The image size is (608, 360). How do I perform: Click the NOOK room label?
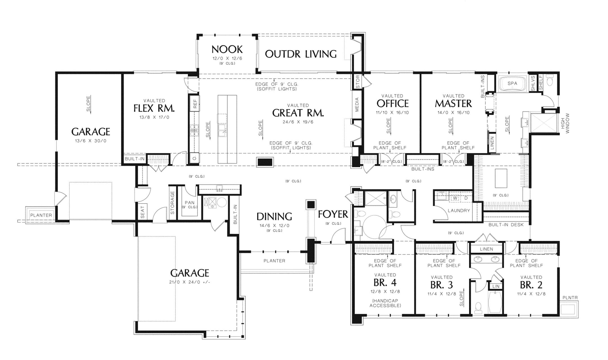point(227,49)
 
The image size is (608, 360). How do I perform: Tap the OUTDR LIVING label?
point(301,54)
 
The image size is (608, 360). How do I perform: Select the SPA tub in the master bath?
point(512,83)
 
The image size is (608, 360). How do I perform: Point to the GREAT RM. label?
point(298,113)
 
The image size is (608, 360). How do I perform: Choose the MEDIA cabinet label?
point(357,104)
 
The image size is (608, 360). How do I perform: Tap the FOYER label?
point(333,215)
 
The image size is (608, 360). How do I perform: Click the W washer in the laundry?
point(455,198)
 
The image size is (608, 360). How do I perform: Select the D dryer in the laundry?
point(466,198)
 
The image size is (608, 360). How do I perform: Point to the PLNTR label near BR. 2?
point(570,298)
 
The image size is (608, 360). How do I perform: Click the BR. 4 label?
point(385,282)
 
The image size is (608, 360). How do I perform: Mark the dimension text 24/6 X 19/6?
point(298,122)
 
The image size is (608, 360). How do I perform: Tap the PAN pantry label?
point(190,202)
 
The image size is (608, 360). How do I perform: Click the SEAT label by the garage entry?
point(142,212)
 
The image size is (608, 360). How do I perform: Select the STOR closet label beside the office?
point(358,82)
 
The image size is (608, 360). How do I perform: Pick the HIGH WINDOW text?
point(565,123)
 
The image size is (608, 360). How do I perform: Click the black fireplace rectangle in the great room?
point(265,162)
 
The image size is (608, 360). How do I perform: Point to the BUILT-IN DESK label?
point(506,225)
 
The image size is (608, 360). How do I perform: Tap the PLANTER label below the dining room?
point(274,261)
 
